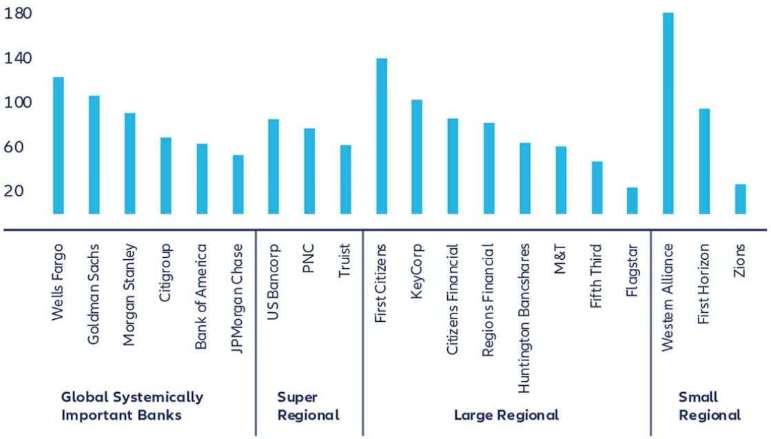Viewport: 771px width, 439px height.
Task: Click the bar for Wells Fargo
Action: coord(59,145)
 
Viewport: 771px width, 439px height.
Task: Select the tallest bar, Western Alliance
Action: coord(668,113)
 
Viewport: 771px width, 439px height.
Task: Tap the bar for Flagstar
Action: coord(632,201)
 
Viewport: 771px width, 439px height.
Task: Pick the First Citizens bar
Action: coord(381,136)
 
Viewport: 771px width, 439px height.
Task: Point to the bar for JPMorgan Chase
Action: coord(238,184)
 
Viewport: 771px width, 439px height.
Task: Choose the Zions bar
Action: coord(740,198)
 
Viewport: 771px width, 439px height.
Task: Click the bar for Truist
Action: coord(345,179)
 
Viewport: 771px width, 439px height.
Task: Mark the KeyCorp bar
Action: coord(417,156)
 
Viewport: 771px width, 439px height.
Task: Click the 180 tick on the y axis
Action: coord(17,14)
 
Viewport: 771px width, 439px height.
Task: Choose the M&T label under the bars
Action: coord(560,259)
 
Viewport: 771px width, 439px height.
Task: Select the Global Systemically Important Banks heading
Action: coord(132,406)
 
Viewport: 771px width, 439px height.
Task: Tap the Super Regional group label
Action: coord(308,406)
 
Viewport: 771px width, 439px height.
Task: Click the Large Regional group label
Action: coord(506,415)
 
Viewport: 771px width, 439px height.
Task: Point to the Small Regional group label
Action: coord(709,406)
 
